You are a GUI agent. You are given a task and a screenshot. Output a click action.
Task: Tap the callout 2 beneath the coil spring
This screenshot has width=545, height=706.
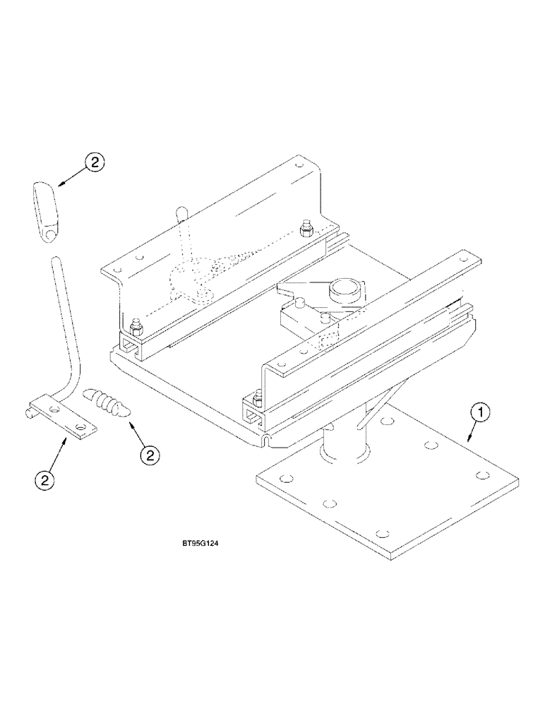pyautogui.click(x=149, y=456)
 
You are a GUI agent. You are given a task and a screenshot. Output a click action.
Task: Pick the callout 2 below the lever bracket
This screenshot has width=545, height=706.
pyautogui.click(x=45, y=481)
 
